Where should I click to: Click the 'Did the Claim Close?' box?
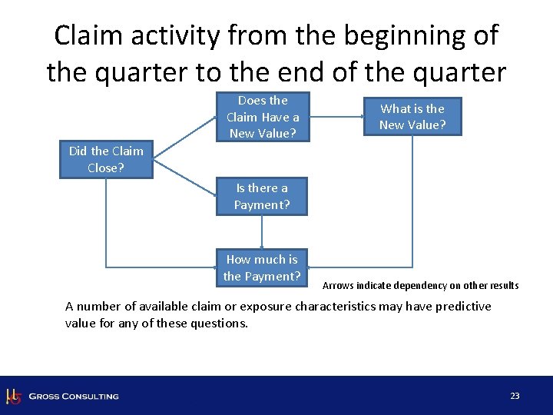pyautogui.click(x=106, y=159)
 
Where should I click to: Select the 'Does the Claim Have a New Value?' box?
pyautogui.click(x=263, y=118)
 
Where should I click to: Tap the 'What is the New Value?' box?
pyautogui.click(x=412, y=116)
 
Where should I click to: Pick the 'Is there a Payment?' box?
pyautogui.click(x=262, y=196)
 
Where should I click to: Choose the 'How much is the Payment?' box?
pyautogui.click(x=262, y=267)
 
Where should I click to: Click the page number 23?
pyautogui.click(x=515, y=396)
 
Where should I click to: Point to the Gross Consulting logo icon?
pyautogui.click(x=13, y=396)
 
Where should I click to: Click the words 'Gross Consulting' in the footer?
pyautogui.click(x=74, y=397)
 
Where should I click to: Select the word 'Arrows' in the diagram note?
pyautogui.click(x=337, y=286)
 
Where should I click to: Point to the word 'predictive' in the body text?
pyautogui.click(x=463, y=306)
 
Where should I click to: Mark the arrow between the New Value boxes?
pyautogui.click(x=336, y=118)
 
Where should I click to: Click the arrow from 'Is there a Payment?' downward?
pyautogui.click(x=262, y=231)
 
